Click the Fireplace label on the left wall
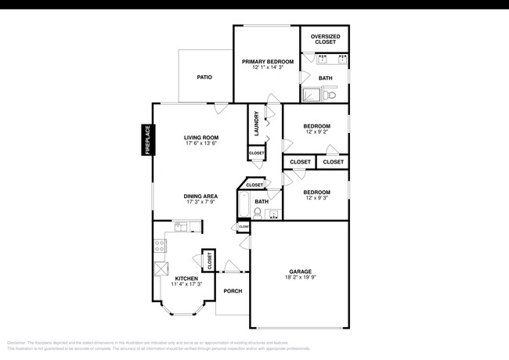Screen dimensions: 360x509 click(146, 141)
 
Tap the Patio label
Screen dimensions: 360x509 click(204, 77)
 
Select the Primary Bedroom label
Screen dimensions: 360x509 click(267, 61)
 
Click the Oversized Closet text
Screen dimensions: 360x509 click(324, 39)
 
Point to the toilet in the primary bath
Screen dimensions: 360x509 click(330, 95)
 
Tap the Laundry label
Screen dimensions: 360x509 click(256, 123)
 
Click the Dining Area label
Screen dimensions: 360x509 click(200, 196)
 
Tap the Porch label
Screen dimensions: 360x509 click(233, 291)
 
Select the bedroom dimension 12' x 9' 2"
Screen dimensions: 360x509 click(316, 132)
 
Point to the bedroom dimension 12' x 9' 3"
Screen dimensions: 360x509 click(316, 198)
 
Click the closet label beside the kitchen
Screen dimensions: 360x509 click(209, 261)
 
